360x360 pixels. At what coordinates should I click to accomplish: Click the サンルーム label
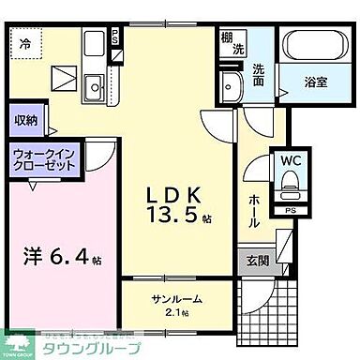176,299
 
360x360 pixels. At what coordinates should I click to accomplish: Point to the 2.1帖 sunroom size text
176,312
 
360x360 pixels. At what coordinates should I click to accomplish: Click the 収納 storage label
25,120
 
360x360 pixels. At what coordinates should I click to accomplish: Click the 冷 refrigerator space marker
25,42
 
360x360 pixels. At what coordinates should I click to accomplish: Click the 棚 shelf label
228,39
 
